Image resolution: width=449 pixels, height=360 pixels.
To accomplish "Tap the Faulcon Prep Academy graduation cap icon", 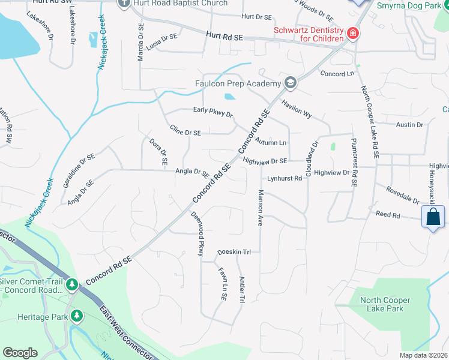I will [x=291, y=83].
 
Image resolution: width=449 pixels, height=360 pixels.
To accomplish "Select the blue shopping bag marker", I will [x=433, y=217].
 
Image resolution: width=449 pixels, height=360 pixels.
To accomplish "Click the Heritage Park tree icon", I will [x=76, y=316].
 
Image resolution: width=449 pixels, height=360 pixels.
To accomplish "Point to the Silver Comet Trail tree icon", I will [x=72, y=283].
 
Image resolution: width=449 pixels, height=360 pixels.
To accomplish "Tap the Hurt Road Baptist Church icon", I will [x=124, y=3].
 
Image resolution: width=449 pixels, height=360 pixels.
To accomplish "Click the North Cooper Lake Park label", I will [x=385, y=304].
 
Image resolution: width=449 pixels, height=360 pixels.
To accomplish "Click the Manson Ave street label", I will [x=261, y=208].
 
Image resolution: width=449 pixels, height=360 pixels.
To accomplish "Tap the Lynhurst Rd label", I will [x=285, y=178].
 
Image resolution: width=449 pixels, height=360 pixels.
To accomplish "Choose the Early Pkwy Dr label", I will [x=212, y=112].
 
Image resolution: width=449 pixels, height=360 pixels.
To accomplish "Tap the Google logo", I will [x=20, y=353].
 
